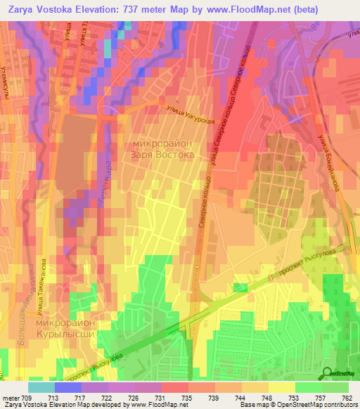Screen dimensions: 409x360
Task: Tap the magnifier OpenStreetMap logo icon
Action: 328,374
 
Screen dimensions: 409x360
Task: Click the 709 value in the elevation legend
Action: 28,398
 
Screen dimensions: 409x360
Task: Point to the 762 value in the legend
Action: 347,398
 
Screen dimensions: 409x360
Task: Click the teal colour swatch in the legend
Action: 41,387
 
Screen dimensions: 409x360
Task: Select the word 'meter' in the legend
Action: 11,398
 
